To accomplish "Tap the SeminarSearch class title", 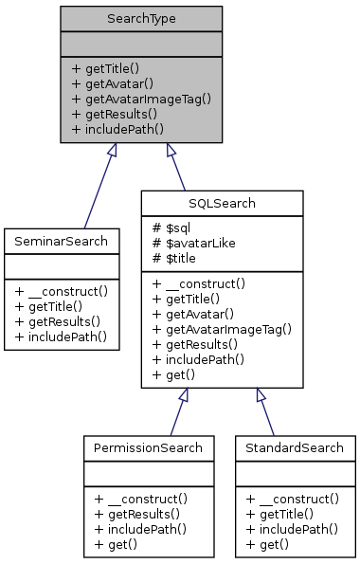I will click(61, 242).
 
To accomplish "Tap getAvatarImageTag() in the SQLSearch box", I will click(222, 329).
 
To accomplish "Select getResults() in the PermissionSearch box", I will click(137, 513).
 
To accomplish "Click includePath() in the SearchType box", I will click(118, 128).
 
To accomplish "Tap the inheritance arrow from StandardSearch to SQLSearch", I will click(275, 411).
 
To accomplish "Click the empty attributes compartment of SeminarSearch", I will click(61, 269).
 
